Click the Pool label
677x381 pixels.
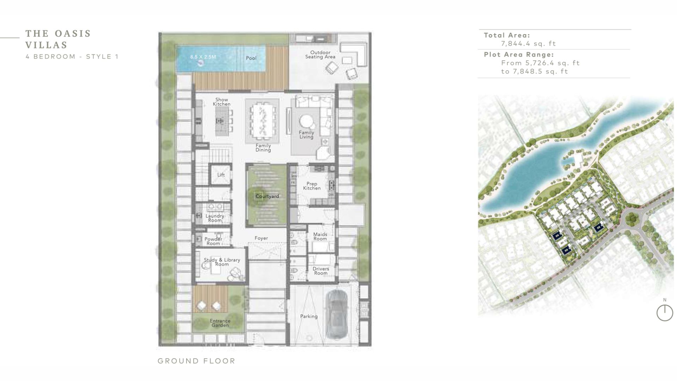(251, 58)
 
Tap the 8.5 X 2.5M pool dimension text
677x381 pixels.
(203, 57)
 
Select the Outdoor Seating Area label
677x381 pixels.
(320, 55)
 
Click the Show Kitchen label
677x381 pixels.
(222, 102)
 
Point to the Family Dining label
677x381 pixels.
(263, 148)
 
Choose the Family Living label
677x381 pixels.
(306, 135)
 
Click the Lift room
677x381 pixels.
(221, 175)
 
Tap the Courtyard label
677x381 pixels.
(267, 196)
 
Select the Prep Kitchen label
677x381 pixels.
(312, 186)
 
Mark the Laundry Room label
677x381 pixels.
(215, 218)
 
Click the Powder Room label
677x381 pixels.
(213, 241)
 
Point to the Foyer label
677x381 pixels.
(261, 238)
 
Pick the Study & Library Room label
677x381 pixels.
(222, 262)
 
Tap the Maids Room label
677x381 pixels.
(320, 236)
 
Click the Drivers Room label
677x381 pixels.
(321, 271)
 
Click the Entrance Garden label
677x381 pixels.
(220, 323)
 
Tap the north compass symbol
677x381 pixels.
(665, 313)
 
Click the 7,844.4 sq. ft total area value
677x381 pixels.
(529, 44)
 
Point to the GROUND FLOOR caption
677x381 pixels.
(196, 361)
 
